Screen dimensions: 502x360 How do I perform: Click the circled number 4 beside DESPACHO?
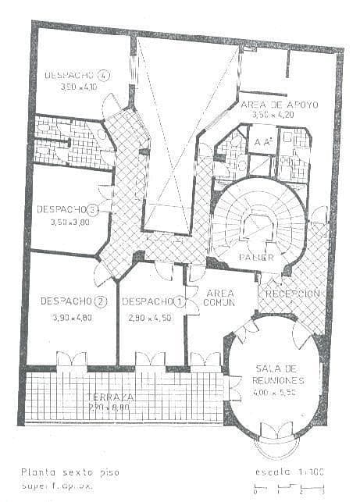pyautogui.click(x=104, y=76)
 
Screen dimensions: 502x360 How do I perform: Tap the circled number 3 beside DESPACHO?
pyautogui.click(x=93, y=209)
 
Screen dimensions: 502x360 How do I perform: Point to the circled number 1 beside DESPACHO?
pyautogui.click(x=180, y=301)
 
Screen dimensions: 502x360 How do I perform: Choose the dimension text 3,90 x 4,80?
pyautogui.click(x=71, y=318)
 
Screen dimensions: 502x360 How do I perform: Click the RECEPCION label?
pyautogui.click(x=294, y=293)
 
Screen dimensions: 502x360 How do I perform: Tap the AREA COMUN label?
pyautogui.click(x=219, y=297)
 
